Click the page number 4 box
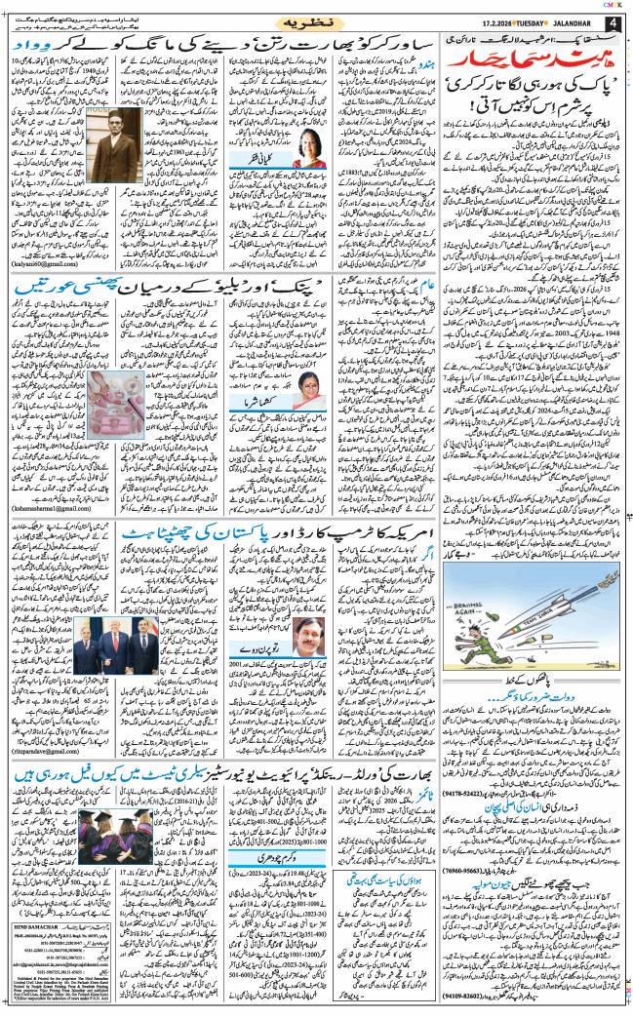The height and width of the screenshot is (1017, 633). [613, 21]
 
